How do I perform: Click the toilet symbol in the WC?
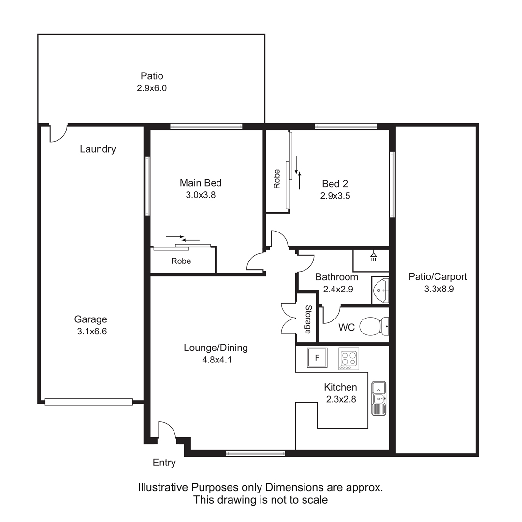click(374, 326)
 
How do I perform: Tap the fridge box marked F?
click(317, 358)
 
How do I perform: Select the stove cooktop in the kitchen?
click(349, 359)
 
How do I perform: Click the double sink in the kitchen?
click(378, 398)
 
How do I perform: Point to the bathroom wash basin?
click(380, 290)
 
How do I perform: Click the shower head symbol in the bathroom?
click(374, 256)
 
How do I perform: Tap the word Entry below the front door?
click(164, 463)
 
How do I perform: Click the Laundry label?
click(98, 149)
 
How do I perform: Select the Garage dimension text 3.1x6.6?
click(92, 332)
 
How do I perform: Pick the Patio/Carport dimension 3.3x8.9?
click(439, 289)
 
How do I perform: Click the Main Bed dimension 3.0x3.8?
click(201, 195)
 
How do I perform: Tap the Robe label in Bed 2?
click(276, 179)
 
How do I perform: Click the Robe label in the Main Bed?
click(181, 261)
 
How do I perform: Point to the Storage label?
click(308, 319)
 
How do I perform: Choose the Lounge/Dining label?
click(216, 348)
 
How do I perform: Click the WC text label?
click(347, 328)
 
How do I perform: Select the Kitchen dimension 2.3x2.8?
click(341, 399)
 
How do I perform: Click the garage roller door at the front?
click(89, 402)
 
